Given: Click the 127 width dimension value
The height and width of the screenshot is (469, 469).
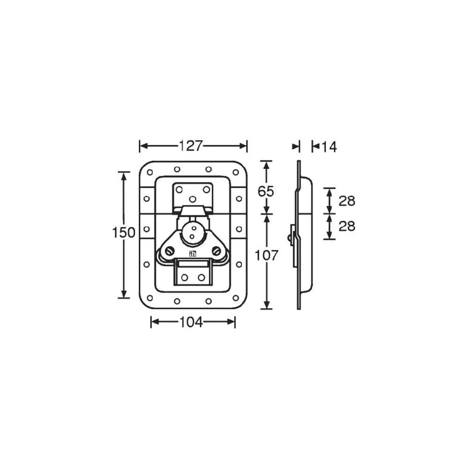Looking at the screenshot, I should point(190,146).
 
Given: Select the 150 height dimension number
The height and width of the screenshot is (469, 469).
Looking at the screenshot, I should point(124,232).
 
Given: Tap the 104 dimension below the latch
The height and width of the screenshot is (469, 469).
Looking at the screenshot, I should point(190,322).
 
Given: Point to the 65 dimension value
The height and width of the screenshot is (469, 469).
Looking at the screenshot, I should point(265,191).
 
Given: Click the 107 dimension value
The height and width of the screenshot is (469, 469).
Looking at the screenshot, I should point(266,255).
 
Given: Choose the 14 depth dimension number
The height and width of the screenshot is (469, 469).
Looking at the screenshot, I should point(329,147).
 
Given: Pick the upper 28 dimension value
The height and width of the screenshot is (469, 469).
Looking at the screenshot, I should point(347,201).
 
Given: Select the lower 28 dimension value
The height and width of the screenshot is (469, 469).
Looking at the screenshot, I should point(347,226).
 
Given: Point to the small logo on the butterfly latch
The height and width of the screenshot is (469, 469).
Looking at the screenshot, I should point(192,254).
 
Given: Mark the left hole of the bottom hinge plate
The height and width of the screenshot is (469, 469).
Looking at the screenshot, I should point(184,277).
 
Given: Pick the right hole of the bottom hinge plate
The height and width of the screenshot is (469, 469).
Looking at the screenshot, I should point(201,277).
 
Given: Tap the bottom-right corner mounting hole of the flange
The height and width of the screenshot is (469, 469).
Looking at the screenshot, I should point(235,298).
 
